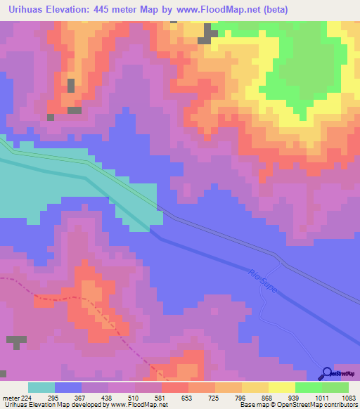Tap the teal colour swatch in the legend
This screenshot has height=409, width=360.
pyautogui.click(x=41, y=387)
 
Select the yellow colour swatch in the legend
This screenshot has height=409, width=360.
pyautogui.click(x=255, y=387)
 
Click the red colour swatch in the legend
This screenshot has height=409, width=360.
pyautogui.click(x=174, y=387)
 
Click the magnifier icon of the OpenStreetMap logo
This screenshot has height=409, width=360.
pyautogui.click(x=328, y=374)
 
